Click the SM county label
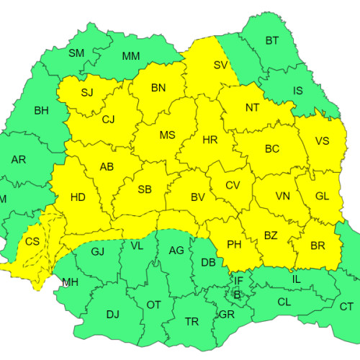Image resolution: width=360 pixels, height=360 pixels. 76,53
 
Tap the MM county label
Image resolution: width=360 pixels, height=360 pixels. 131,56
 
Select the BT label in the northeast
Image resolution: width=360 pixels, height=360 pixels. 271,41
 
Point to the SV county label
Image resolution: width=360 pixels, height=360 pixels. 221,65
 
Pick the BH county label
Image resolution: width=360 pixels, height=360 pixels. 41,112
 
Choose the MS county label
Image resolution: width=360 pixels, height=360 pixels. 167,135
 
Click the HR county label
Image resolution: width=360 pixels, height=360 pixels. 210,140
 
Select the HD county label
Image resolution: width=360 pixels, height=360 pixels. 78,197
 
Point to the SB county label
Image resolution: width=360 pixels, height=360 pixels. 145,189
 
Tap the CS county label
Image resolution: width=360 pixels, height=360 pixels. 32,243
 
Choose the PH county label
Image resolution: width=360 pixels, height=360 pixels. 234,245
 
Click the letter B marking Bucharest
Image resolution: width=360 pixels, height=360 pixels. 238,294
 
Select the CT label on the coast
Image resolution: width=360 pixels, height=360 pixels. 346,307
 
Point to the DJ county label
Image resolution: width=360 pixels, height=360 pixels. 112,314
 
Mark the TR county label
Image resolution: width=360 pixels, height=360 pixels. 192,321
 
